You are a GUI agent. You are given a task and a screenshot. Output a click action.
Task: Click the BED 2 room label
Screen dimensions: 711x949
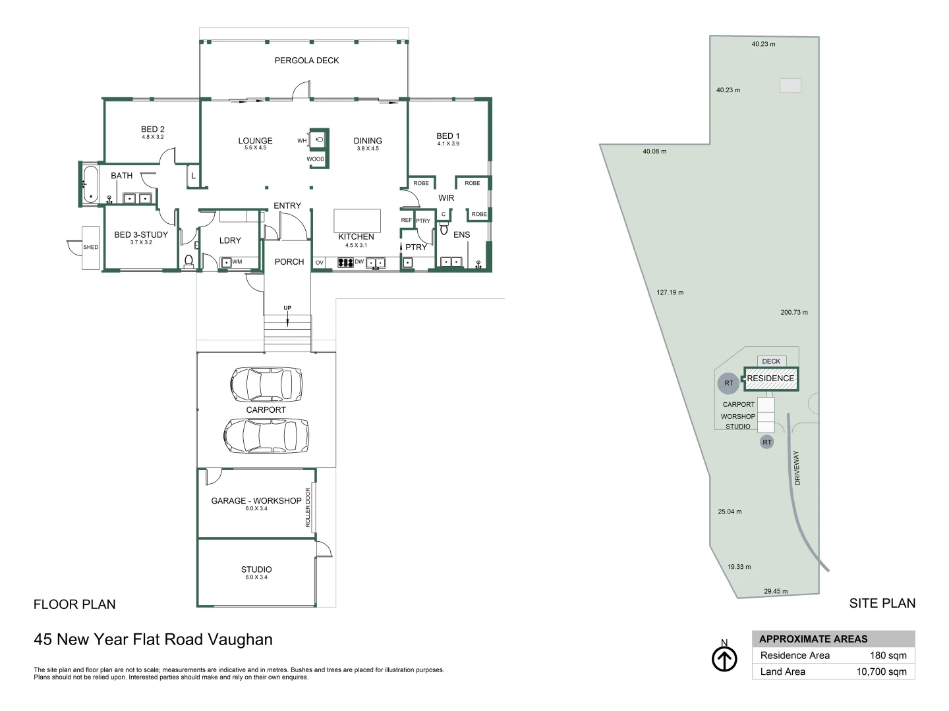click(153, 130)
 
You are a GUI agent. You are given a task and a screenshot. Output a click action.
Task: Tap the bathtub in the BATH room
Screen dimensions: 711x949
click(90, 184)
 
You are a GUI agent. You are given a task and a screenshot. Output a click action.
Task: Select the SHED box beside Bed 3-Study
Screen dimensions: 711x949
click(91, 248)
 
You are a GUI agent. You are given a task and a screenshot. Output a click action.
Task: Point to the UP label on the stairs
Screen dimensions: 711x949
click(287, 308)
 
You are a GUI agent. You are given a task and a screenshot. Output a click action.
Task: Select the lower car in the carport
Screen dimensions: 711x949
click(266, 435)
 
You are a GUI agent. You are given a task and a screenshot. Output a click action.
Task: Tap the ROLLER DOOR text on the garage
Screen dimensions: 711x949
click(308, 507)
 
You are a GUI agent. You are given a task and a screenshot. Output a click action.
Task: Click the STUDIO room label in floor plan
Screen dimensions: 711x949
click(256, 569)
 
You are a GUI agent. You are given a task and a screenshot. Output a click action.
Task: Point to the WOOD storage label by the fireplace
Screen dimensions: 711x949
click(316, 159)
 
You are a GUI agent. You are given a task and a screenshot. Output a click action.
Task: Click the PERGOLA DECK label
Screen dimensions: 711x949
click(306, 61)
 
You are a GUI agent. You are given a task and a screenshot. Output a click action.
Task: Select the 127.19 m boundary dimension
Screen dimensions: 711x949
click(670, 292)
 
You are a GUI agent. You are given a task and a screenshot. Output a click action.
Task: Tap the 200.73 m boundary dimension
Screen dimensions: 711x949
click(794, 313)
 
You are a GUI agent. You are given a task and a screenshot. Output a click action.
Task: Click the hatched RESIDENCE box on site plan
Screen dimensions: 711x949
click(770, 379)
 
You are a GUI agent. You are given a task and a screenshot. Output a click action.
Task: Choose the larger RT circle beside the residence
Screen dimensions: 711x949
click(728, 383)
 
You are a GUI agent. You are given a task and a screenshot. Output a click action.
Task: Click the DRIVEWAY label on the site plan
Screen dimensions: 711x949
click(797, 468)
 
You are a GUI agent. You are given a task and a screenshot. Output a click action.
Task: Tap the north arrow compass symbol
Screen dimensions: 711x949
click(724, 659)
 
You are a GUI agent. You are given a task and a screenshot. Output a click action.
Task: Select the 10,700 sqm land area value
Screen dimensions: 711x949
click(881, 672)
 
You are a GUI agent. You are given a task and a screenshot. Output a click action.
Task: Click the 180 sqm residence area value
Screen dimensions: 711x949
click(888, 656)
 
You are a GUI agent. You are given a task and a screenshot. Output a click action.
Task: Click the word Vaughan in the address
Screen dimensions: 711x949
click(240, 640)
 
